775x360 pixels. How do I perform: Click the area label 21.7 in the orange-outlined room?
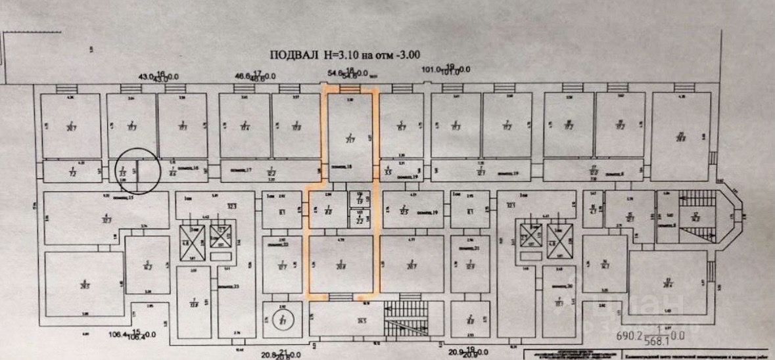pyautogui.click(x=349, y=140)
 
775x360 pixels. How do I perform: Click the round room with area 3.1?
pyautogui.click(x=281, y=321)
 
